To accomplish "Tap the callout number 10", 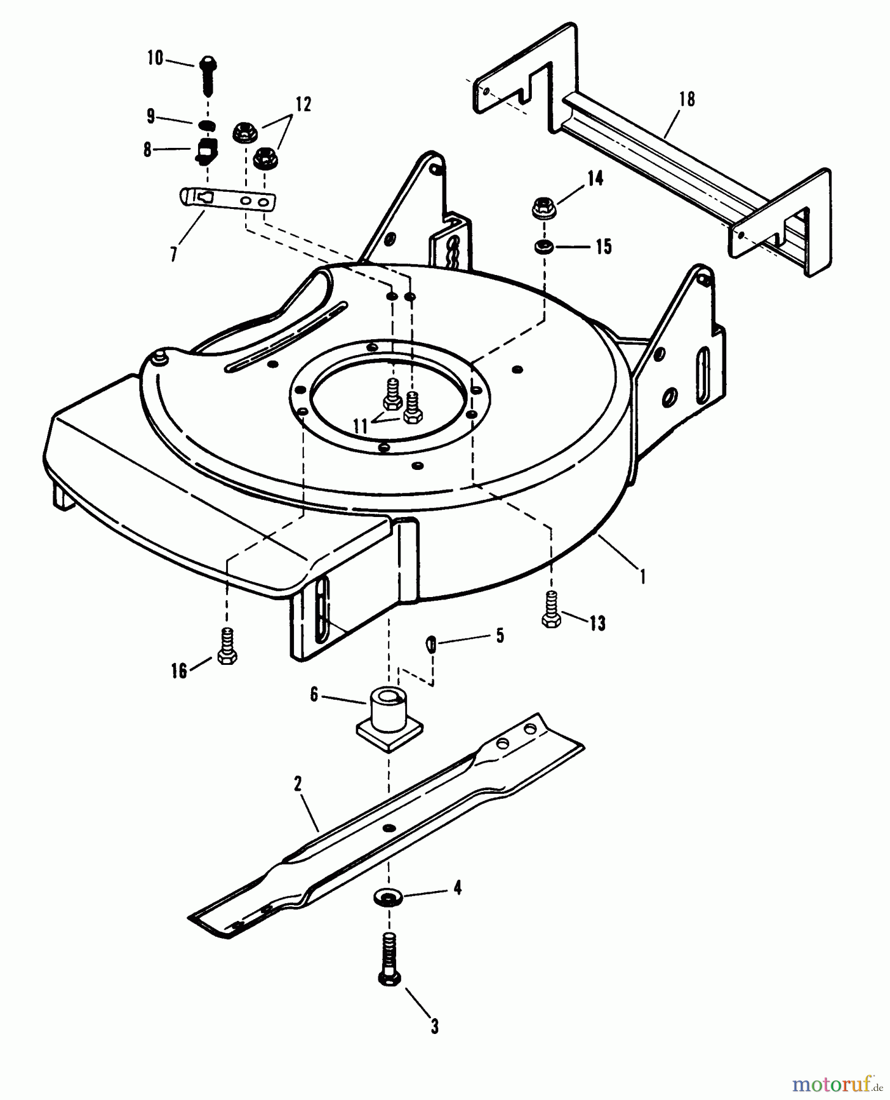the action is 155,59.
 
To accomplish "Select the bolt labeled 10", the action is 207,75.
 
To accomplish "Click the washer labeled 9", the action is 208,125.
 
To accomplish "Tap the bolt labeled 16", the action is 227,647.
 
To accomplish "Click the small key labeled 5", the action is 431,643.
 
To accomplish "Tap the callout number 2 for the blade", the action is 298,784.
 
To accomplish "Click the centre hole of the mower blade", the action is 388,827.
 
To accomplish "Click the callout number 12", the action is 303,105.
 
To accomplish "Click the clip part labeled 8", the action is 207,150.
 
